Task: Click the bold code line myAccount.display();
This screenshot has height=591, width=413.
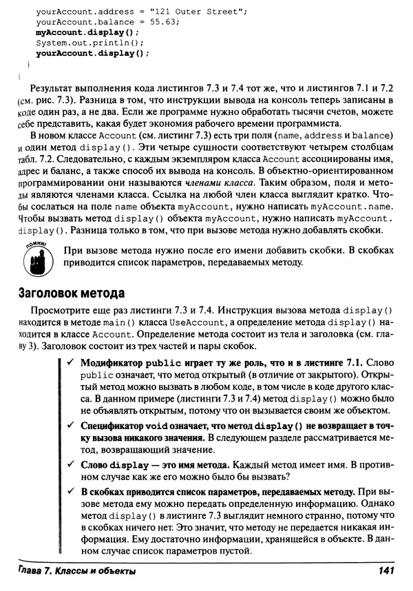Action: tap(87, 32)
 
